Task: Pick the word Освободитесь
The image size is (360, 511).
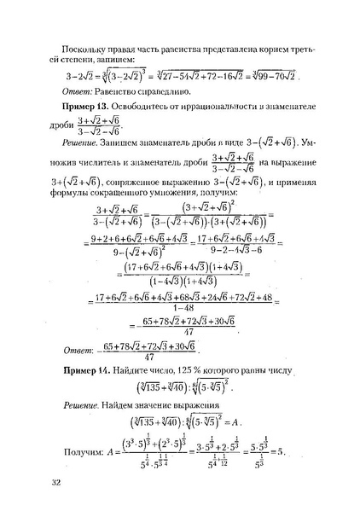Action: point(171,105)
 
